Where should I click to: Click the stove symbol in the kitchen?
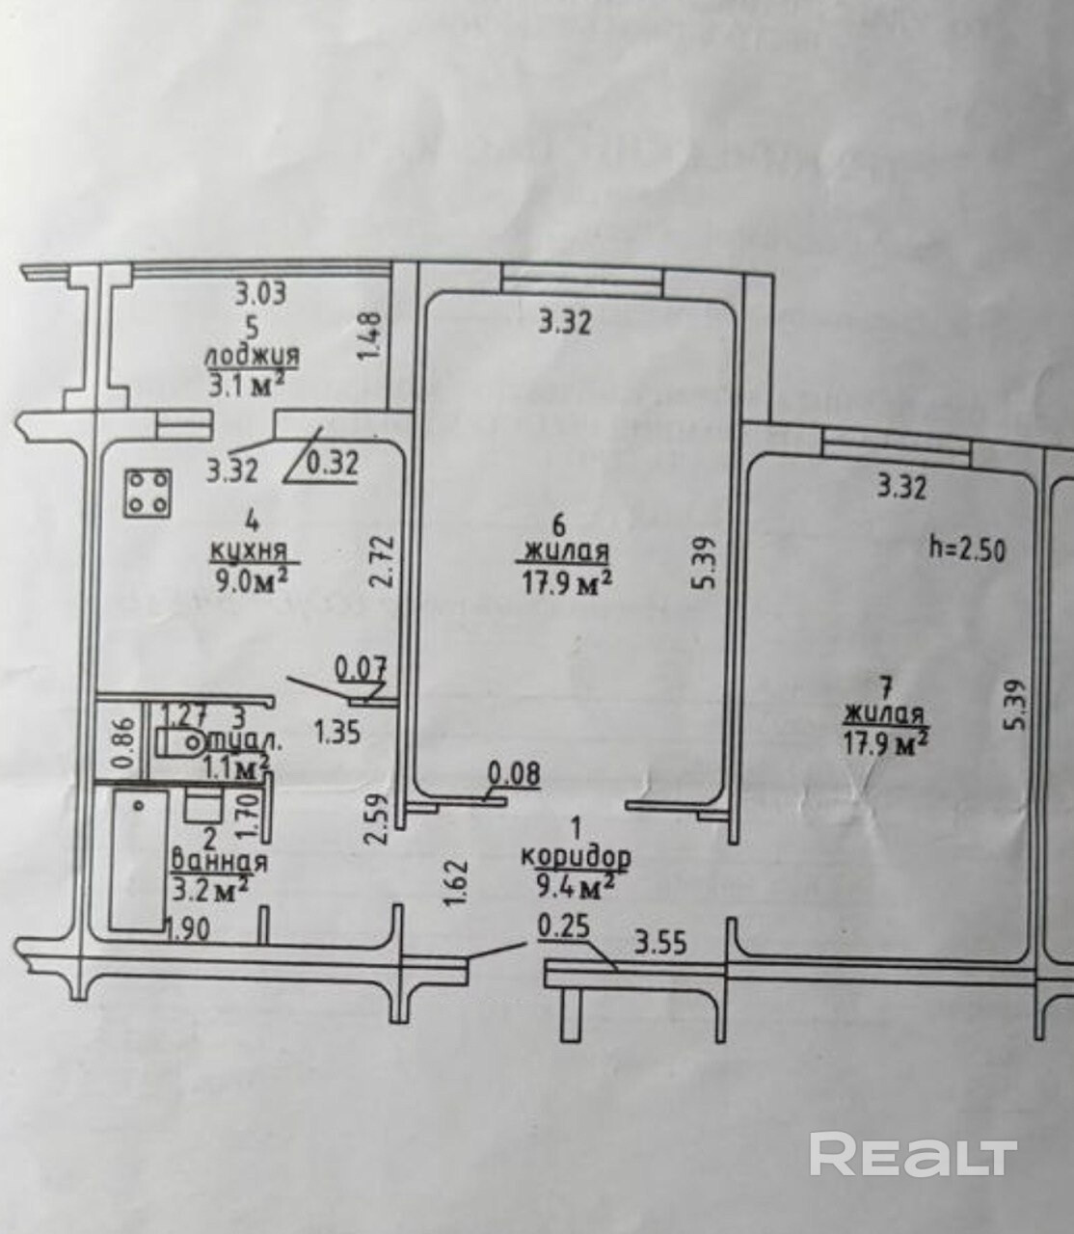click(148, 492)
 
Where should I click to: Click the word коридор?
click(576, 855)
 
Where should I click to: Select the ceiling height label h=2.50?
click(967, 550)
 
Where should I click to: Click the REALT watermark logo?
click(912, 1154)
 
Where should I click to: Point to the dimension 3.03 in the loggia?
click(261, 292)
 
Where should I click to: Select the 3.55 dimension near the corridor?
click(660, 941)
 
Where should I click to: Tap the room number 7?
click(886, 687)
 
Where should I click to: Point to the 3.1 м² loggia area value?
click(246, 385)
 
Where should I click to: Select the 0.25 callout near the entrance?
click(563, 926)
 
